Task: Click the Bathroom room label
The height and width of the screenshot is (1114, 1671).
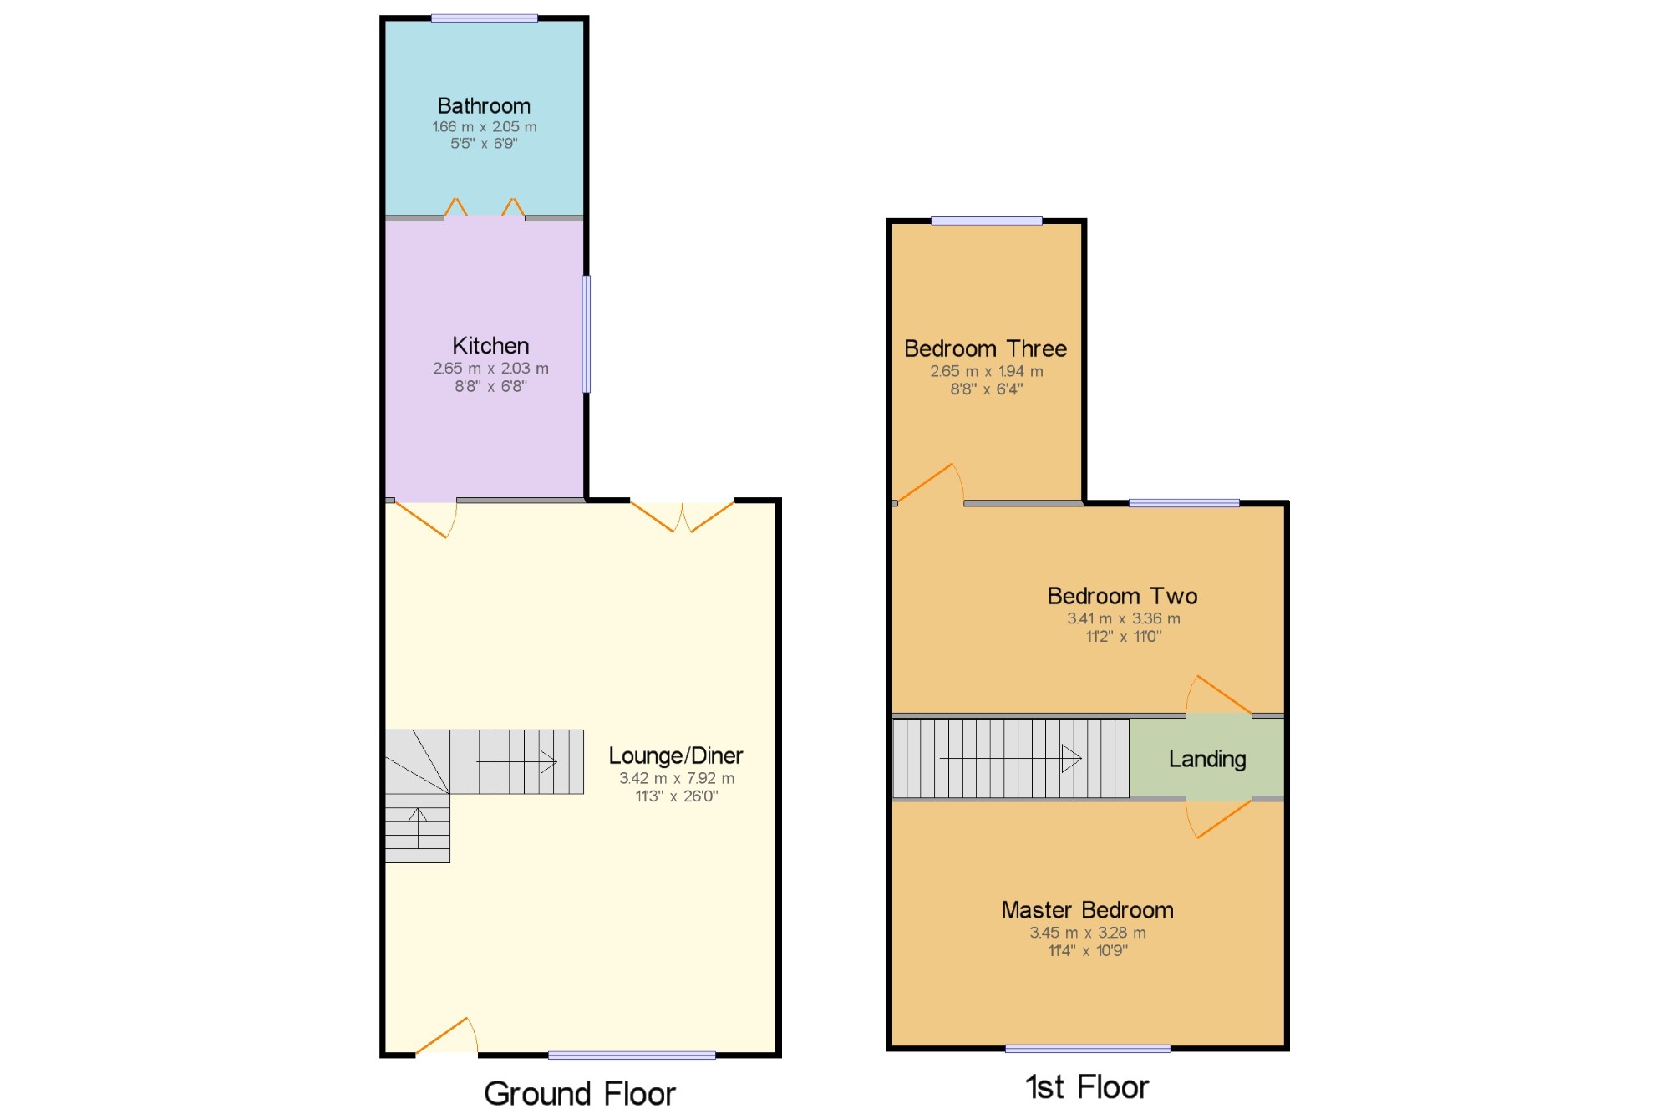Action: [484, 106]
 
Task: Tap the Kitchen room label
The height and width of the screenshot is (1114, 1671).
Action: [490, 346]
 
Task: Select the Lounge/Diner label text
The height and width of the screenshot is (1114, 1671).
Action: [676, 756]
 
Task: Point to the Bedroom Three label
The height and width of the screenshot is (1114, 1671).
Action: [986, 348]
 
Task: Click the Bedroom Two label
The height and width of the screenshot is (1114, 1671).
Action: [1123, 596]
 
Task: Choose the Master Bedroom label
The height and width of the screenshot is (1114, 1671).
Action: [1088, 910]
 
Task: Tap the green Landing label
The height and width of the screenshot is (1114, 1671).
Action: [1207, 760]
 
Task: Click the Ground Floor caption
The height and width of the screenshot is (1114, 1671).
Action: [580, 1094]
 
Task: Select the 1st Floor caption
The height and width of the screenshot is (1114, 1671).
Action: [1087, 1087]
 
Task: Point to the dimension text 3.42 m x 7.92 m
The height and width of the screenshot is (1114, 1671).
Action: [677, 778]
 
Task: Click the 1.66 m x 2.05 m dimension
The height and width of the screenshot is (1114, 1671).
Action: [485, 127]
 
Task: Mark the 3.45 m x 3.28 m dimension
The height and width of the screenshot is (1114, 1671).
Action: [1088, 933]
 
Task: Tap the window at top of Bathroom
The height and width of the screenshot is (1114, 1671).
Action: [485, 18]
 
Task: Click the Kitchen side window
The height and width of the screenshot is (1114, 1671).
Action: [587, 334]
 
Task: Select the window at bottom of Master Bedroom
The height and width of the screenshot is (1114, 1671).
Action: [1088, 1049]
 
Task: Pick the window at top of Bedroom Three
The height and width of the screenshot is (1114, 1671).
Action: [987, 221]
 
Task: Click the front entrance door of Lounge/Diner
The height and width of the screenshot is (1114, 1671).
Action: [447, 1037]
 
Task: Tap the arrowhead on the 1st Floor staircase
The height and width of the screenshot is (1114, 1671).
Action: [1072, 759]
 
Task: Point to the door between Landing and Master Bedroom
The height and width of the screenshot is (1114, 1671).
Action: [1219, 818]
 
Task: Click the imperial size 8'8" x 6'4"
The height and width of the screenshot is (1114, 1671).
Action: [987, 389]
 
